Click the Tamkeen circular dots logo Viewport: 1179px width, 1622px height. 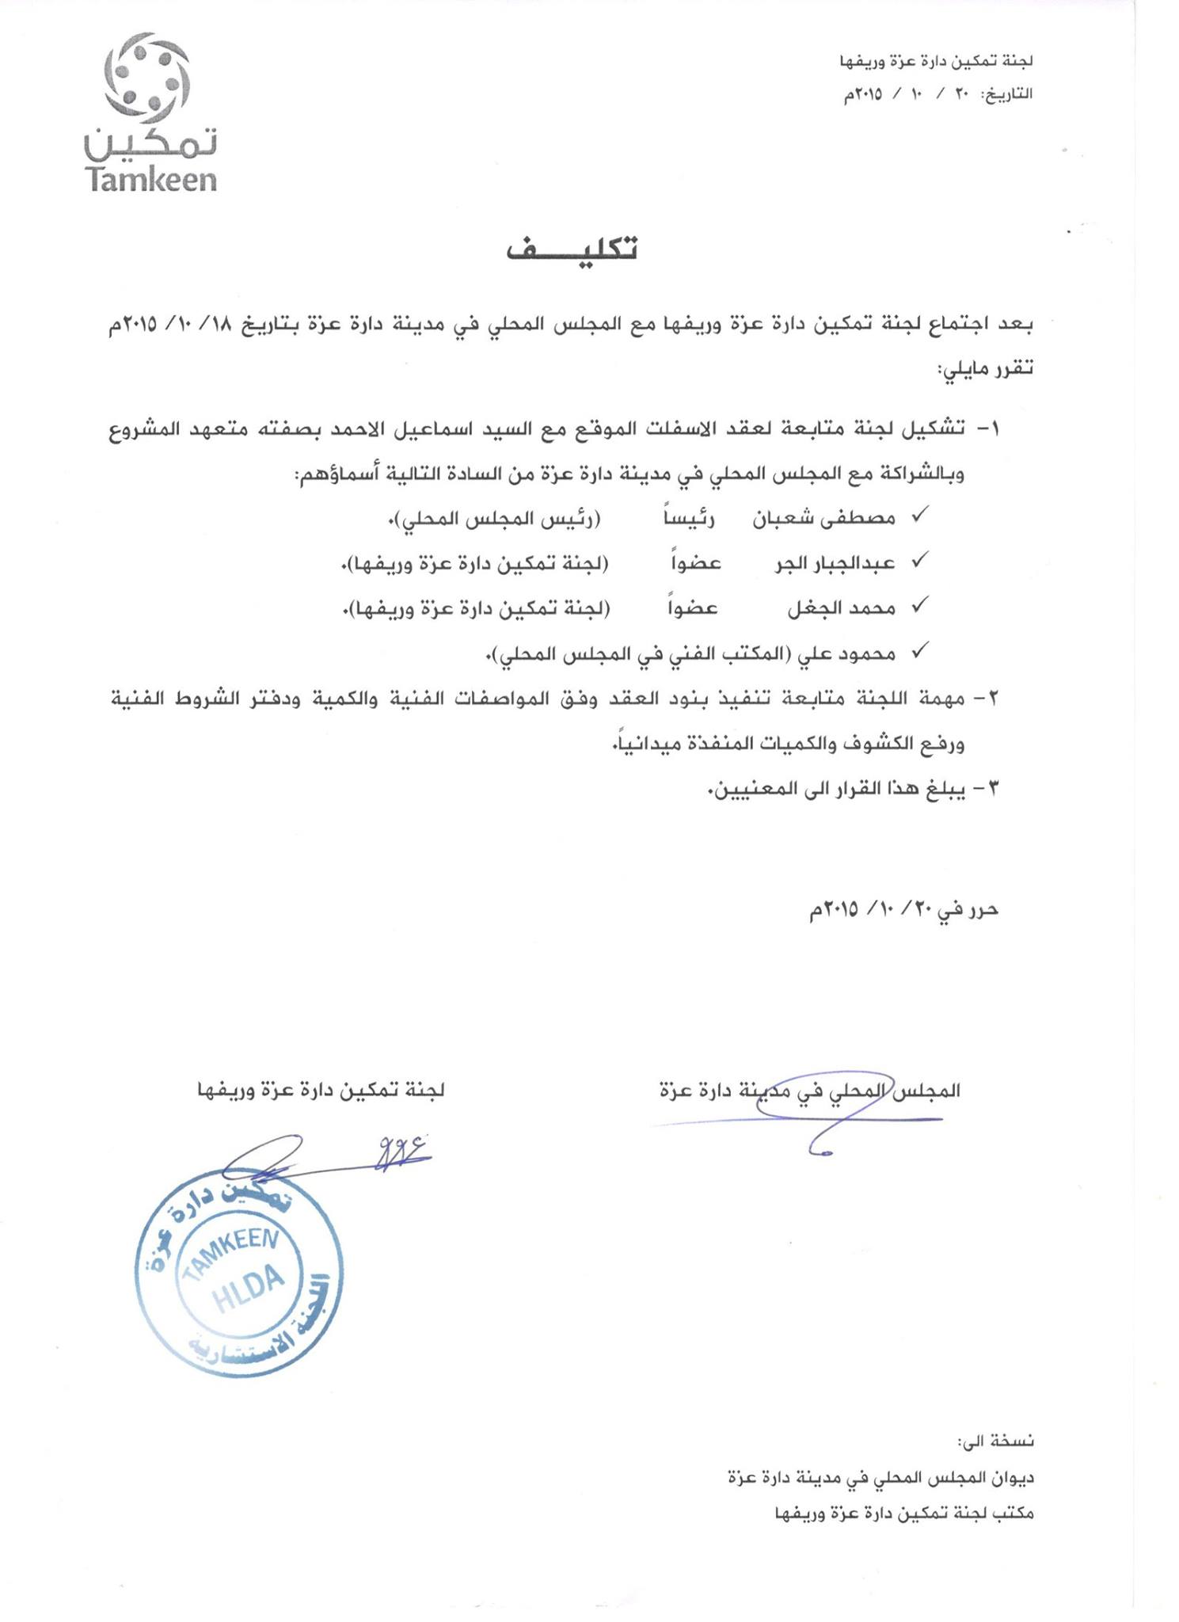(x=147, y=76)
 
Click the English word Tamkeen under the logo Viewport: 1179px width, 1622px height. (x=150, y=179)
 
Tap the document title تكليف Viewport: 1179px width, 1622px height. (x=571, y=249)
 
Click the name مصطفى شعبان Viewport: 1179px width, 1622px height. (x=823, y=518)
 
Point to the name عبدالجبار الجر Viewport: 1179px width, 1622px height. (x=835, y=563)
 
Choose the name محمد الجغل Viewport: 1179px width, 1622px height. (x=841, y=608)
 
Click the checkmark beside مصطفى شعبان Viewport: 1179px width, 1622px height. (x=919, y=516)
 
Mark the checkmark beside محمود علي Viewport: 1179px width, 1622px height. (x=919, y=652)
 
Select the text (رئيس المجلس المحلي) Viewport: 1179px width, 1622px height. (x=500, y=520)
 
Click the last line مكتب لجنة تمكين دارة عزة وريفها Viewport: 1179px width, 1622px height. (x=903, y=1513)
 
